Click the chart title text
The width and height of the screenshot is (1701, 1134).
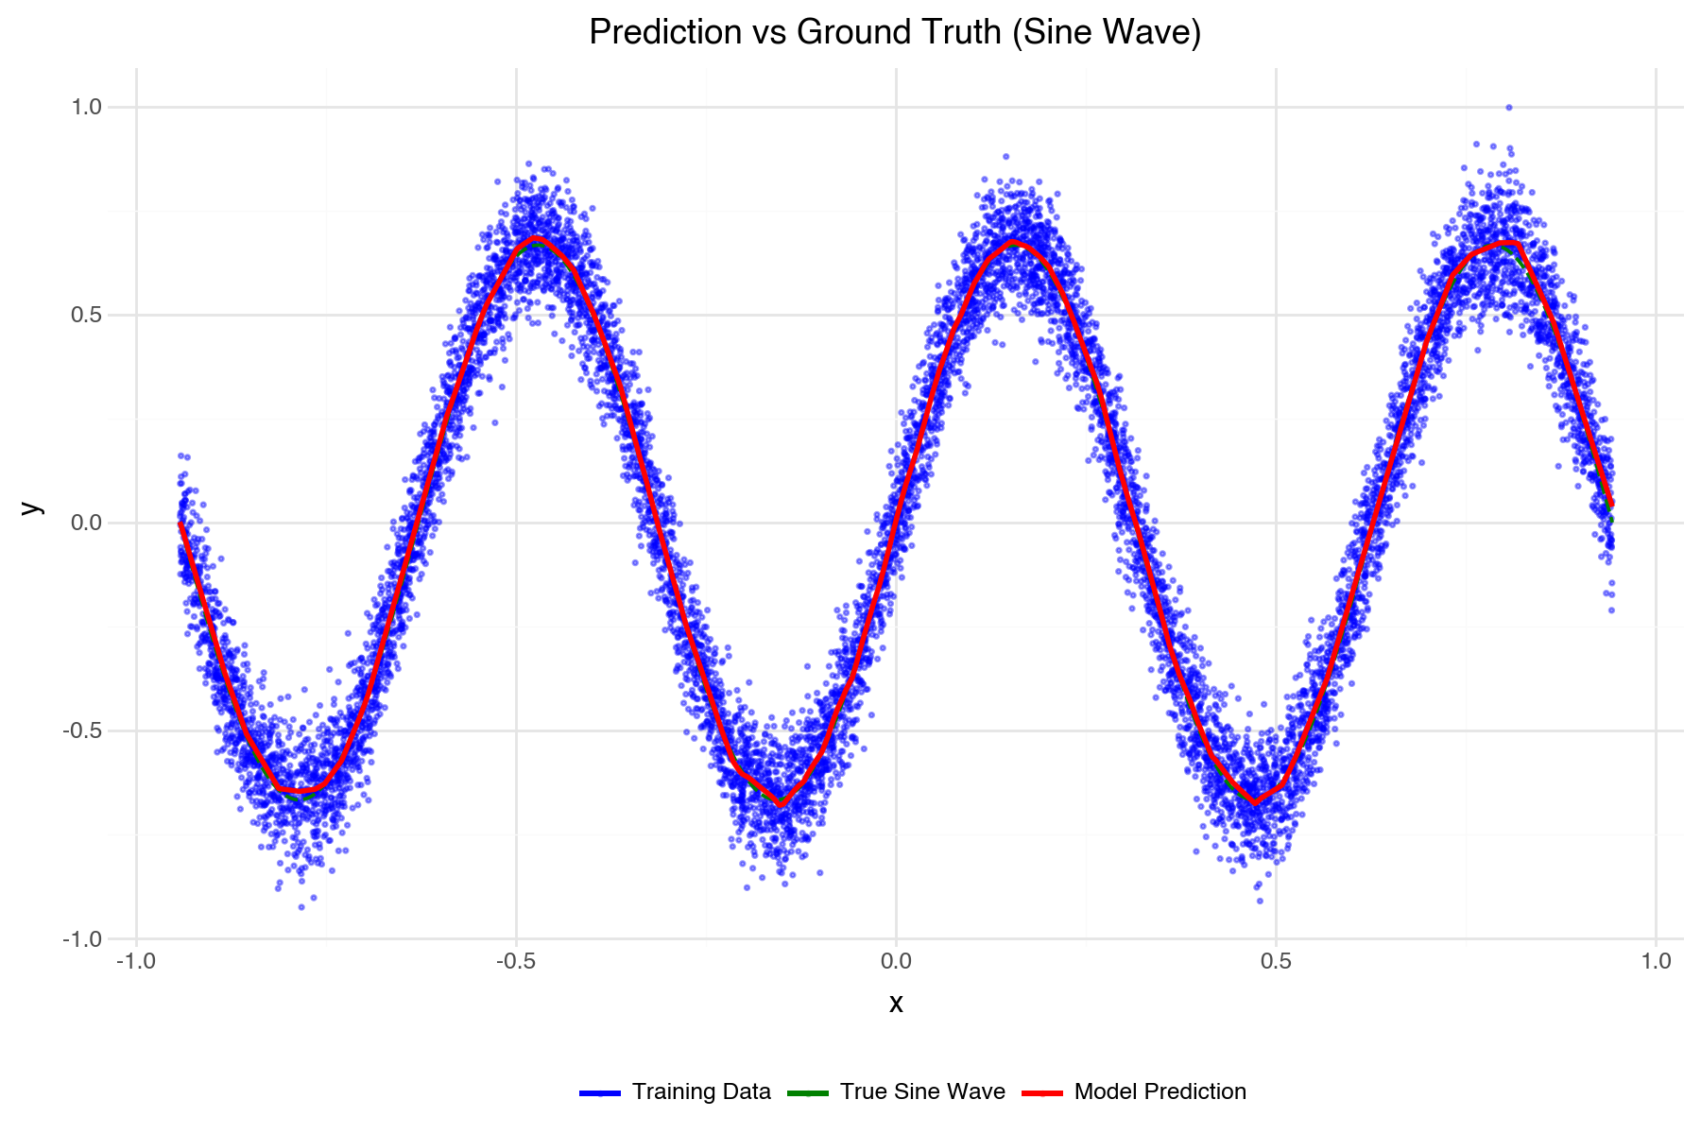(x=895, y=33)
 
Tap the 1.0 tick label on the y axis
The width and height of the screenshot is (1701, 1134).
(x=86, y=107)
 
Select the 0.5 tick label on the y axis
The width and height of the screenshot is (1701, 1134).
(x=86, y=315)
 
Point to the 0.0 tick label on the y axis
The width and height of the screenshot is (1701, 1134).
(x=86, y=523)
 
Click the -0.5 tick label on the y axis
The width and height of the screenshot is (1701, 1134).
(x=82, y=730)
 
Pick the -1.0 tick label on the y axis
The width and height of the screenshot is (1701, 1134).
(x=82, y=939)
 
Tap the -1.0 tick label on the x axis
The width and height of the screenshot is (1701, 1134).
(x=136, y=962)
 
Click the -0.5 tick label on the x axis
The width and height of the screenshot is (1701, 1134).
(x=515, y=962)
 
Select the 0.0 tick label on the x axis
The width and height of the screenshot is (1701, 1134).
(x=896, y=962)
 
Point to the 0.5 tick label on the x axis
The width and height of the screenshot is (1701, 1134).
(x=1276, y=962)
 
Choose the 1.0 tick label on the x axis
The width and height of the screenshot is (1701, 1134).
(x=1656, y=962)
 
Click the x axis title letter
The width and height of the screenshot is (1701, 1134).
(x=896, y=1004)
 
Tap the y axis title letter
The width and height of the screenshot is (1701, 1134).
(x=32, y=507)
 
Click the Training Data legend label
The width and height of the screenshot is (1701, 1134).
(x=701, y=1092)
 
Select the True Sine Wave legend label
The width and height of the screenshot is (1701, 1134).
(x=922, y=1092)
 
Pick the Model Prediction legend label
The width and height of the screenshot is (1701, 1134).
(x=1160, y=1092)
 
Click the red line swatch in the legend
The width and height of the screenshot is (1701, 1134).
(x=1042, y=1093)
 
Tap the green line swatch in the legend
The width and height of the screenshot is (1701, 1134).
(x=807, y=1093)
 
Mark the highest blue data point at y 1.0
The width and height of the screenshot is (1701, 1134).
(x=1509, y=108)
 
